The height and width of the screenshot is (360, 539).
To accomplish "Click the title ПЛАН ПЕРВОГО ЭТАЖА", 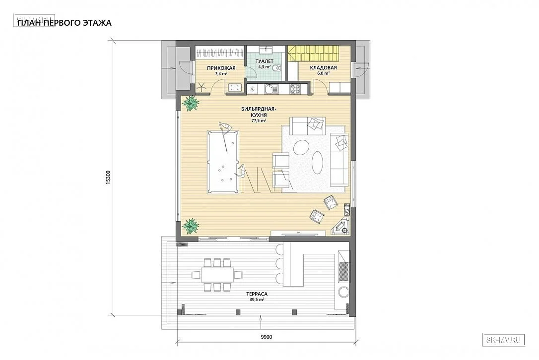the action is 65,23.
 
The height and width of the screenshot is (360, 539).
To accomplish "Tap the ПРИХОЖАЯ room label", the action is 221,68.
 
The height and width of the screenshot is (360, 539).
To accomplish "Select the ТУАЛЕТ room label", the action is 265,61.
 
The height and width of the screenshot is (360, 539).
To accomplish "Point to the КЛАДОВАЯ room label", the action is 323,67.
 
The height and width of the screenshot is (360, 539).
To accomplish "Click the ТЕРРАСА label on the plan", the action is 257,294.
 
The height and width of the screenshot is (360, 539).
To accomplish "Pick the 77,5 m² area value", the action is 259,121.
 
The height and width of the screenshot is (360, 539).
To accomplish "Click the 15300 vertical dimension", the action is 108,178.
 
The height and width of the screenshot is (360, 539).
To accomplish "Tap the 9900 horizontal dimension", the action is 266,337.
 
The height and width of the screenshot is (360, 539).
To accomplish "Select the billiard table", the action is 222,162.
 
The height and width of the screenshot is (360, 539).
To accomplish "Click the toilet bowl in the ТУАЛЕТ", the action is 276,68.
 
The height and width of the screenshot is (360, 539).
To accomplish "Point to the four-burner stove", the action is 295,89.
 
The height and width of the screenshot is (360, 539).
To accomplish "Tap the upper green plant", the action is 190,103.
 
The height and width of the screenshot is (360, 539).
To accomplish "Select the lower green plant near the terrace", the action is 190,226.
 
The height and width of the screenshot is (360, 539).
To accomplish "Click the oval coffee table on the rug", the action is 317,163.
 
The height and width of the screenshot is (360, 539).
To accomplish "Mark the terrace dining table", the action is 217,275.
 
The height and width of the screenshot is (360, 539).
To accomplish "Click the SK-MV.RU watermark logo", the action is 504,340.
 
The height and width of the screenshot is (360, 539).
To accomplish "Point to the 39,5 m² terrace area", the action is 257,300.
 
